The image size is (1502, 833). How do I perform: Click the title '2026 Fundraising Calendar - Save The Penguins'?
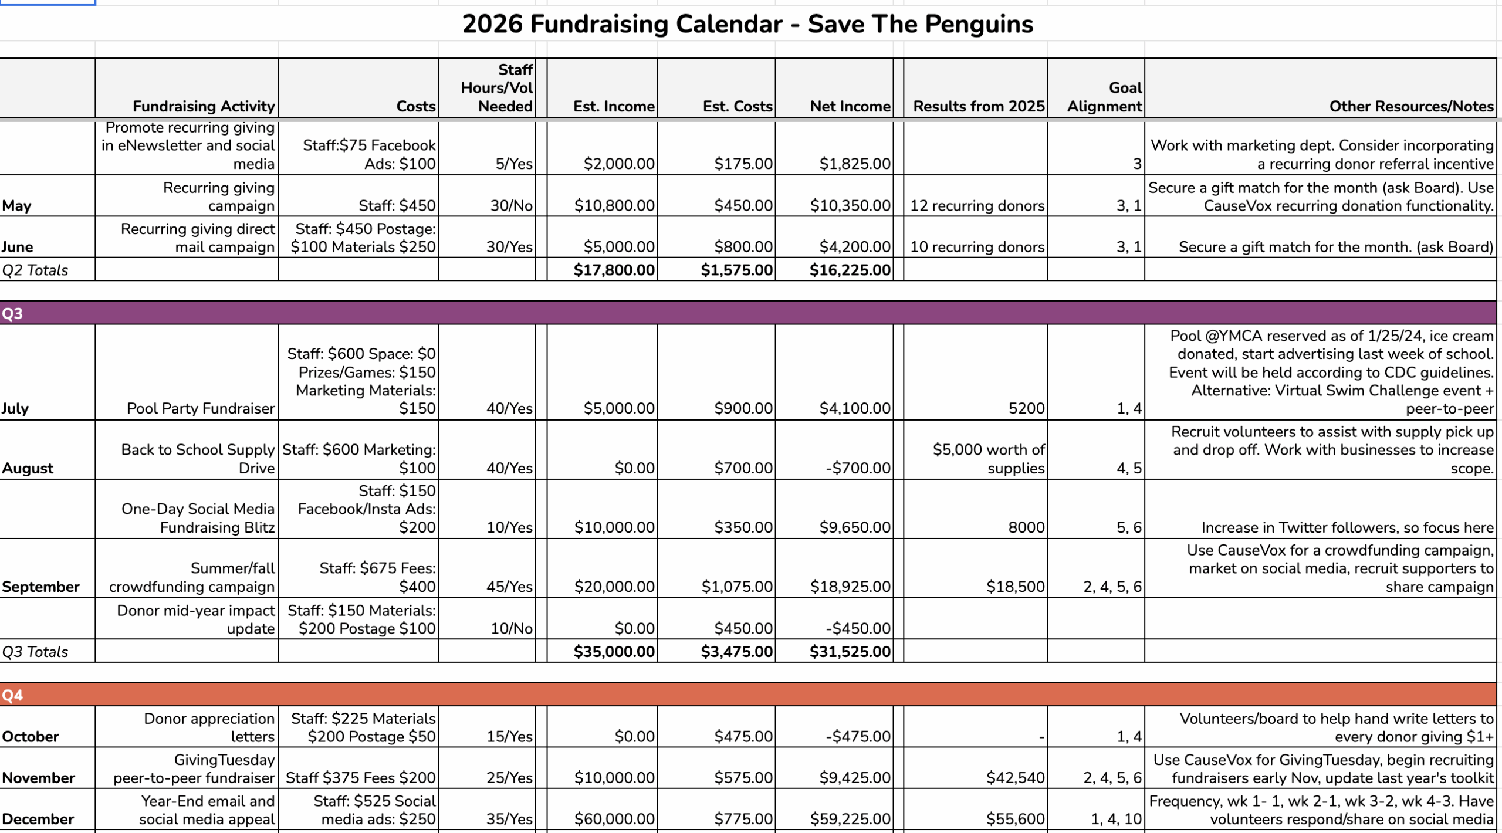pos(747,25)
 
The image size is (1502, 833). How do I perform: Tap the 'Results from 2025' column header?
pos(978,106)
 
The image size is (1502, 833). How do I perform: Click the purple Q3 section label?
pos(12,313)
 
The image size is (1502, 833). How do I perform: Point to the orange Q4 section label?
pos(12,695)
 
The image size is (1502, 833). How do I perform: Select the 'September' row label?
pos(40,587)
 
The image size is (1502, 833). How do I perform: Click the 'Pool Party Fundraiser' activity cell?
pos(201,408)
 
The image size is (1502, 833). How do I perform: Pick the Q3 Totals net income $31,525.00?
pos(850,652)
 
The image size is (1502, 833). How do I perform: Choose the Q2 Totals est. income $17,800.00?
pos(614,270)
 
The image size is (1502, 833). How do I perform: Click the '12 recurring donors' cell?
pos(977,206)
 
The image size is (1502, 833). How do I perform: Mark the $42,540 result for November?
pos(1015,778)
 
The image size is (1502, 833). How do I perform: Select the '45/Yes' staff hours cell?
pos(509,587)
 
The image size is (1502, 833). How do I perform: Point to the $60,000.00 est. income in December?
pos(614,819)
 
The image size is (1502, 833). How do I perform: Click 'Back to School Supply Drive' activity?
pos(198,459)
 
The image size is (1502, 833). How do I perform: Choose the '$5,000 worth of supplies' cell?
pos(988,459)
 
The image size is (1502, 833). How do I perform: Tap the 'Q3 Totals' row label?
pos(35,652)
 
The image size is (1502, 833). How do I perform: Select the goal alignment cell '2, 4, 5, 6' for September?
pos(1112,587)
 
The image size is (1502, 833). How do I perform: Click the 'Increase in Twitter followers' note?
pos(1347,527)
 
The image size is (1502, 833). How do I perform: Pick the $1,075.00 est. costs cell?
pos(737,587)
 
